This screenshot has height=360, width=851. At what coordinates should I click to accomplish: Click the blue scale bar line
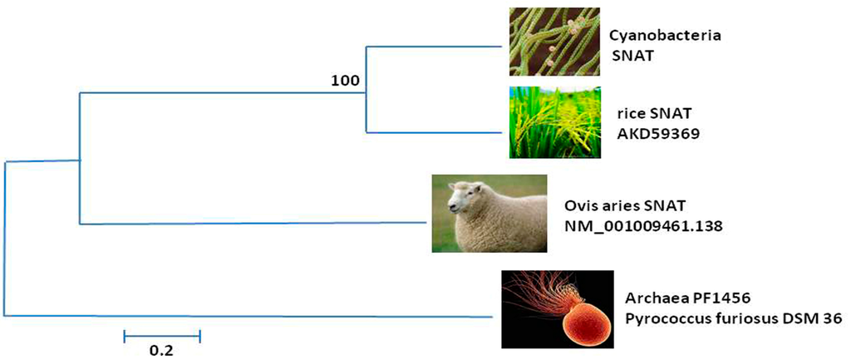pos(162,336)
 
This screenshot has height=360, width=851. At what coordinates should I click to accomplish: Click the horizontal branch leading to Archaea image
pos(249,316)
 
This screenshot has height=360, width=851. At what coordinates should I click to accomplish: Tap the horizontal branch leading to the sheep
pos(249,223)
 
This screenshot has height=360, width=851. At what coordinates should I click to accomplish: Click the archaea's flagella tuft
pos(540,291)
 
